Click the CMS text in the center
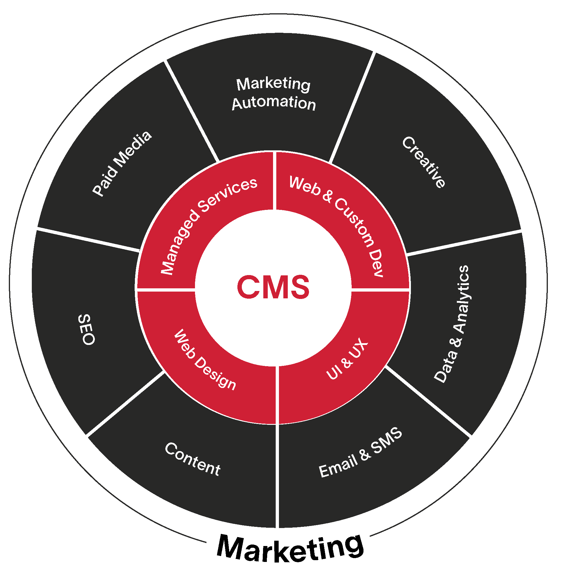[x=273, y=287]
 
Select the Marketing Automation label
[x=274, y=93]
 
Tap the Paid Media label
[x=122, y=164]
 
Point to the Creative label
[x=424, y=162]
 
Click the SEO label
[x=86, y=329]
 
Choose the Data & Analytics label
[x=452, y=324]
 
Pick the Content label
[x=193, y=459]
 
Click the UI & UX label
[x=347, y=359]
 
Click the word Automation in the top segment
[x=274, y=103]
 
